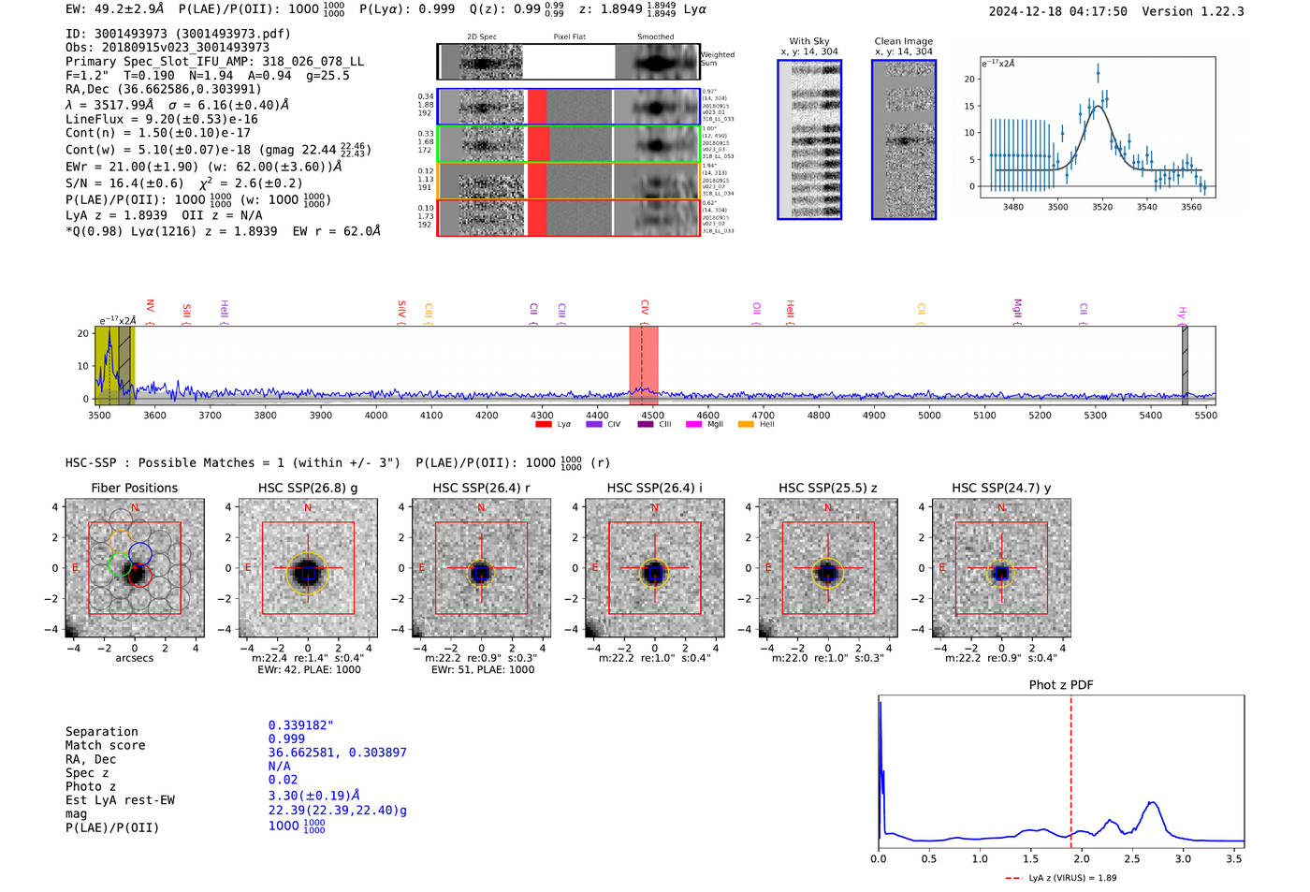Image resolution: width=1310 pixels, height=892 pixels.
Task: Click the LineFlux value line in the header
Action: point(161,119)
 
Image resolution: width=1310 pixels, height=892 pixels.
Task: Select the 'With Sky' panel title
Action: point(809,41)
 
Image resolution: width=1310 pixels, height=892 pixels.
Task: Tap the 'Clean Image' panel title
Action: point(903,41)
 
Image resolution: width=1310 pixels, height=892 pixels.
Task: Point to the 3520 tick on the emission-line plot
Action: point(1102,207)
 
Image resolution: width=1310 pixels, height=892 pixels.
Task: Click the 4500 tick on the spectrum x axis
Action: point(652,415)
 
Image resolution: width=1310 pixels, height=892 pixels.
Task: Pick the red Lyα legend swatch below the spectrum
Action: point(544,425)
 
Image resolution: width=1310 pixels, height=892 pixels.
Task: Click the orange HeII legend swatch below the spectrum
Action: point(746,425)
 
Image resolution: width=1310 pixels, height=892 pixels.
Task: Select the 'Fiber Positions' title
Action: point(135,488)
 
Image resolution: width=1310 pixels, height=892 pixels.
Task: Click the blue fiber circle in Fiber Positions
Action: point(140,553)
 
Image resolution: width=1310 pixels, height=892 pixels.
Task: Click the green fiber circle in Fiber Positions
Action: point(119,563)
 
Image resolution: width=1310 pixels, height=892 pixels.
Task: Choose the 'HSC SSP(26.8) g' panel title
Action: point(308,488)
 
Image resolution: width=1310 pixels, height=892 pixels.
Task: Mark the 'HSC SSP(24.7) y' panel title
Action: point(1001,488)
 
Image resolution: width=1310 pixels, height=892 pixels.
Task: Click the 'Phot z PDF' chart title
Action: point(1061,685)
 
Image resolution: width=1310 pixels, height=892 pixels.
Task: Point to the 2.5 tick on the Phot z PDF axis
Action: point(1132,858)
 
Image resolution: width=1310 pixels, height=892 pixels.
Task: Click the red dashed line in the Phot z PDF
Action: point(1071,768)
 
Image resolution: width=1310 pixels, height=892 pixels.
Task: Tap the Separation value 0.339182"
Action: point(300,725)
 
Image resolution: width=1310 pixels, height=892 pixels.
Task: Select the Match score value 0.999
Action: point(286,738)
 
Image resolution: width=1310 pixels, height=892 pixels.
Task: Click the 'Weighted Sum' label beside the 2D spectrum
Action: point(718,58)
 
